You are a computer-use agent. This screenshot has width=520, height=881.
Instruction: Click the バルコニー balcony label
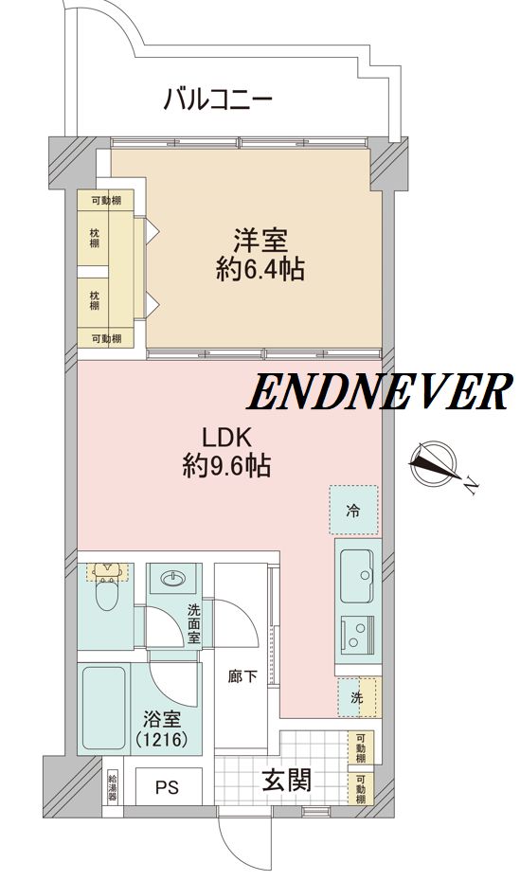[218, 100]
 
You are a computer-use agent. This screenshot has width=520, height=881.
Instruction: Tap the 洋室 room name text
[260, 242]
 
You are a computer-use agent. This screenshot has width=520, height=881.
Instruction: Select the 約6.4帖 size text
[260, 270]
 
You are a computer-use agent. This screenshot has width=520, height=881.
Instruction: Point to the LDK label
[228, 437]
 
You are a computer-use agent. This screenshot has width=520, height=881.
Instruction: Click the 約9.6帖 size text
[227, 466]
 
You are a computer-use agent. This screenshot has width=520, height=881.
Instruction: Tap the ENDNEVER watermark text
[379, 391]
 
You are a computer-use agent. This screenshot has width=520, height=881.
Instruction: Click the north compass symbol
[433, 460]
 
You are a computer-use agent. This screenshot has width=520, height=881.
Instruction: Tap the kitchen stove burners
[358, 635]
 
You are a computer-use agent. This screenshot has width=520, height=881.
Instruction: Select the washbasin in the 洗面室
[173, 578]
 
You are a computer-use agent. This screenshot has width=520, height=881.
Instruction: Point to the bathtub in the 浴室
[104, 708]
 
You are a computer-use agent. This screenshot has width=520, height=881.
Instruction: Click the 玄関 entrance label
[286, 780]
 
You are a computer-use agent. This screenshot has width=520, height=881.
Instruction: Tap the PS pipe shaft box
[169, 786]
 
